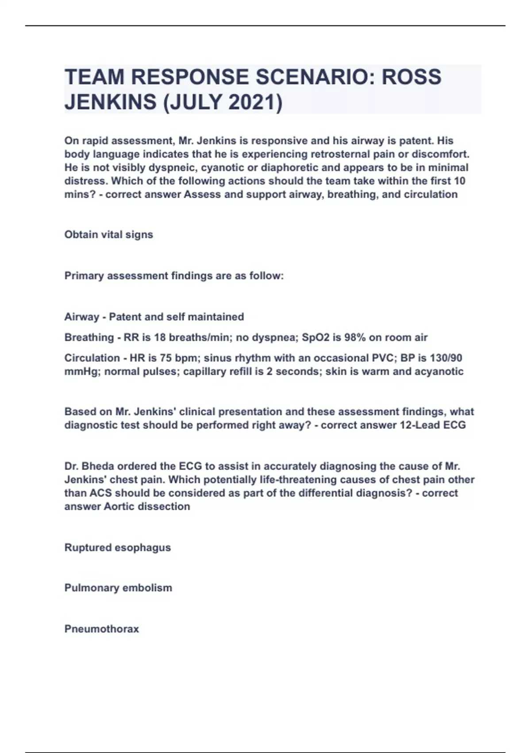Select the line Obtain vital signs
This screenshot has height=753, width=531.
[109, 234]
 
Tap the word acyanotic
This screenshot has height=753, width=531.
[439, 371]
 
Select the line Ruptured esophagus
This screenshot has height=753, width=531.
[118, 547]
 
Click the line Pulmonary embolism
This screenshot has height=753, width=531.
[118, 588]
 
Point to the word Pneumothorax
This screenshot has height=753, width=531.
[102, 629]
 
